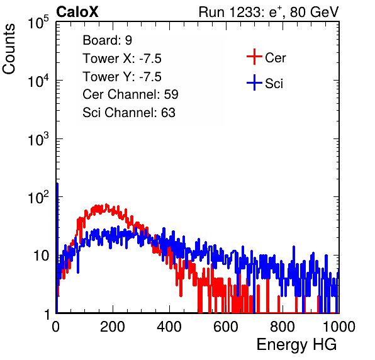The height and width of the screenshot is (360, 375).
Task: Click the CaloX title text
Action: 77,12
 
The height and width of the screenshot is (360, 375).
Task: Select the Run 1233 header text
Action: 269,12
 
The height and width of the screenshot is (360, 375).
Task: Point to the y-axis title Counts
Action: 9,49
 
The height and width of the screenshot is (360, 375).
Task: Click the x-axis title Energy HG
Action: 296,345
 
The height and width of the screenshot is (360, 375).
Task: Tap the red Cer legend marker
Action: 254,57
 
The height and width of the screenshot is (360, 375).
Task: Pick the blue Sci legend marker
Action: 254,82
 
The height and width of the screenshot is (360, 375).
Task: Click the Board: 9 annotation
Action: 107,40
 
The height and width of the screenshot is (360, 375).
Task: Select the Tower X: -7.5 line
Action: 122,59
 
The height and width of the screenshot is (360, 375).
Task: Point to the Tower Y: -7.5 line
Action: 122,77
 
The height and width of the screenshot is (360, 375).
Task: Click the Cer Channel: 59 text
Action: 130,94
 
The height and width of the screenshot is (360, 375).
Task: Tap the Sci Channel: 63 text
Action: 129,113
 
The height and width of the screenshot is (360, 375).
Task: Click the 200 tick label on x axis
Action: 113,327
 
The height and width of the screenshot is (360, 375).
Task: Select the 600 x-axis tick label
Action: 226,327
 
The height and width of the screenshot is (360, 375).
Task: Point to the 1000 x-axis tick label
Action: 339,327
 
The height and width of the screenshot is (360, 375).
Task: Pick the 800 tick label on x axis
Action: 283,327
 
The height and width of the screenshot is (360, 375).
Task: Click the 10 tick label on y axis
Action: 42,256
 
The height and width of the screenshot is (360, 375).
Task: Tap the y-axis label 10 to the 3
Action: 38,138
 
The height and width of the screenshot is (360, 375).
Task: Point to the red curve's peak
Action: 106,205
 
